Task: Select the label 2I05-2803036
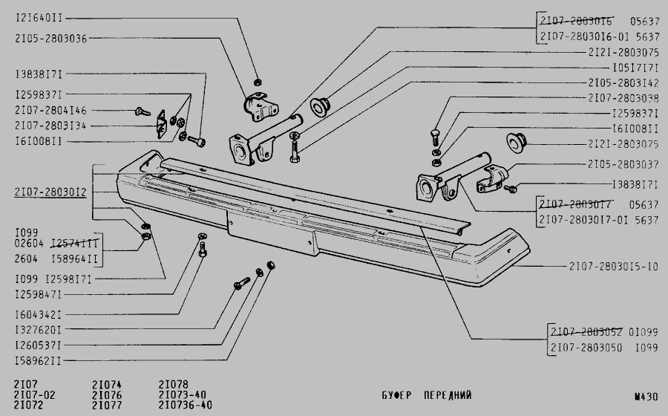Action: point(49,38)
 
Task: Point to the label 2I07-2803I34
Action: point(50,126)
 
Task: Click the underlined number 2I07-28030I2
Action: point(50,192)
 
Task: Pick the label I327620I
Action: point(38,329)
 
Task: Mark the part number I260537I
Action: point(38,345)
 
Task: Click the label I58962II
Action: point(38,361)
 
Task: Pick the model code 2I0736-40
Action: point(186,406)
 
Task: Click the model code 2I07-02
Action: point(34,395)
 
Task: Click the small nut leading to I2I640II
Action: point(257,80)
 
